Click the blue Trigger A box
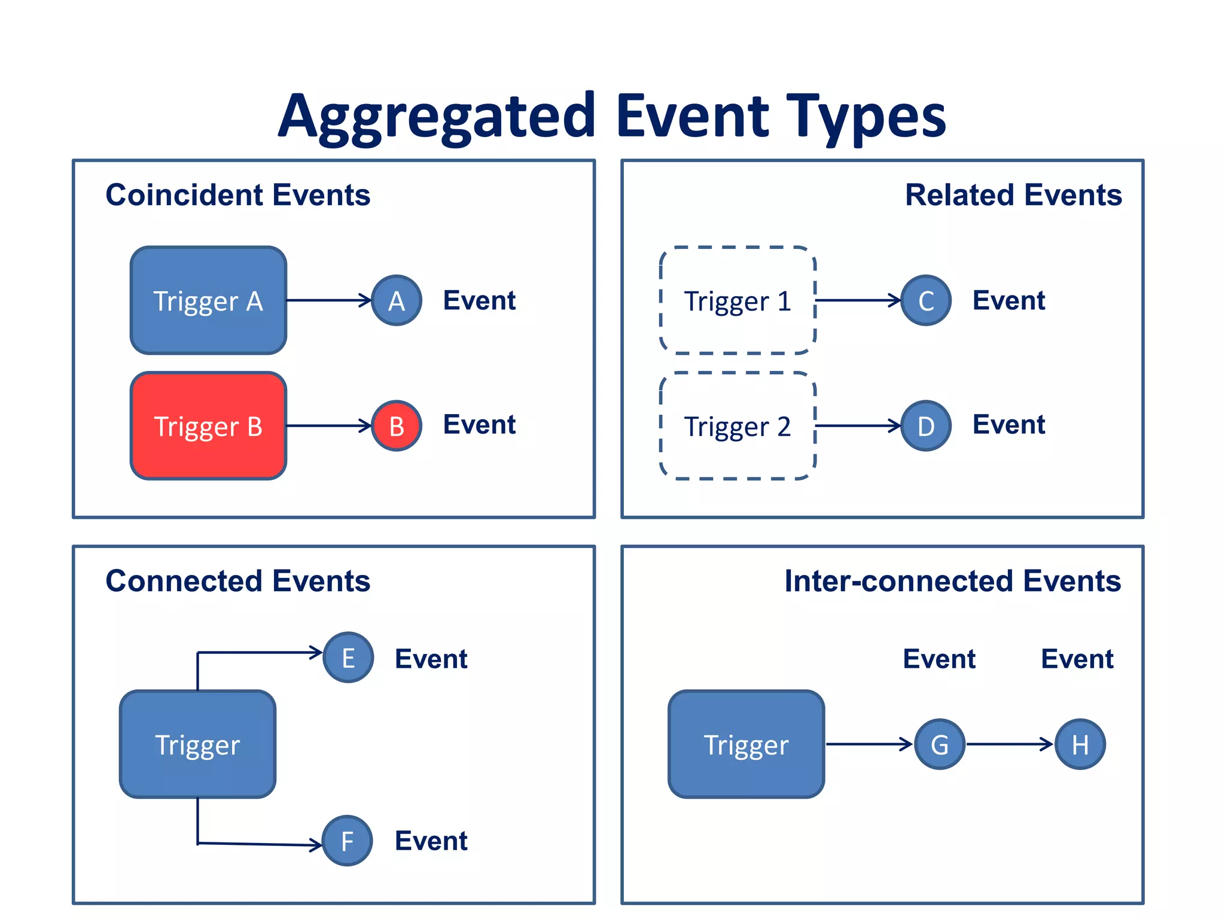click(208, 300)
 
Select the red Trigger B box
click(208, 426)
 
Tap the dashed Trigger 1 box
click(738, 300)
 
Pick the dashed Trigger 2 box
click(738, 426)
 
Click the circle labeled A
click(397, 300)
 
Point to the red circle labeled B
click(397, 426)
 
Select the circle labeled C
click(926, 300)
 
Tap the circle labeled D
click(926, 426)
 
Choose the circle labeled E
click(348, 658)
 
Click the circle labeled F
click(348, 841)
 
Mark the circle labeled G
click(940, 744)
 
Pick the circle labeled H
click(1080, 744)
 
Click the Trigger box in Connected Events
click(197, 744)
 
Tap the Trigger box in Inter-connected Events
click(746, 744)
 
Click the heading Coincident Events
click(237, 195)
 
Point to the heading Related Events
click(1013, 195)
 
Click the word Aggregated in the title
click(437, 117)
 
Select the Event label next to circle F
click(431, 841)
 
